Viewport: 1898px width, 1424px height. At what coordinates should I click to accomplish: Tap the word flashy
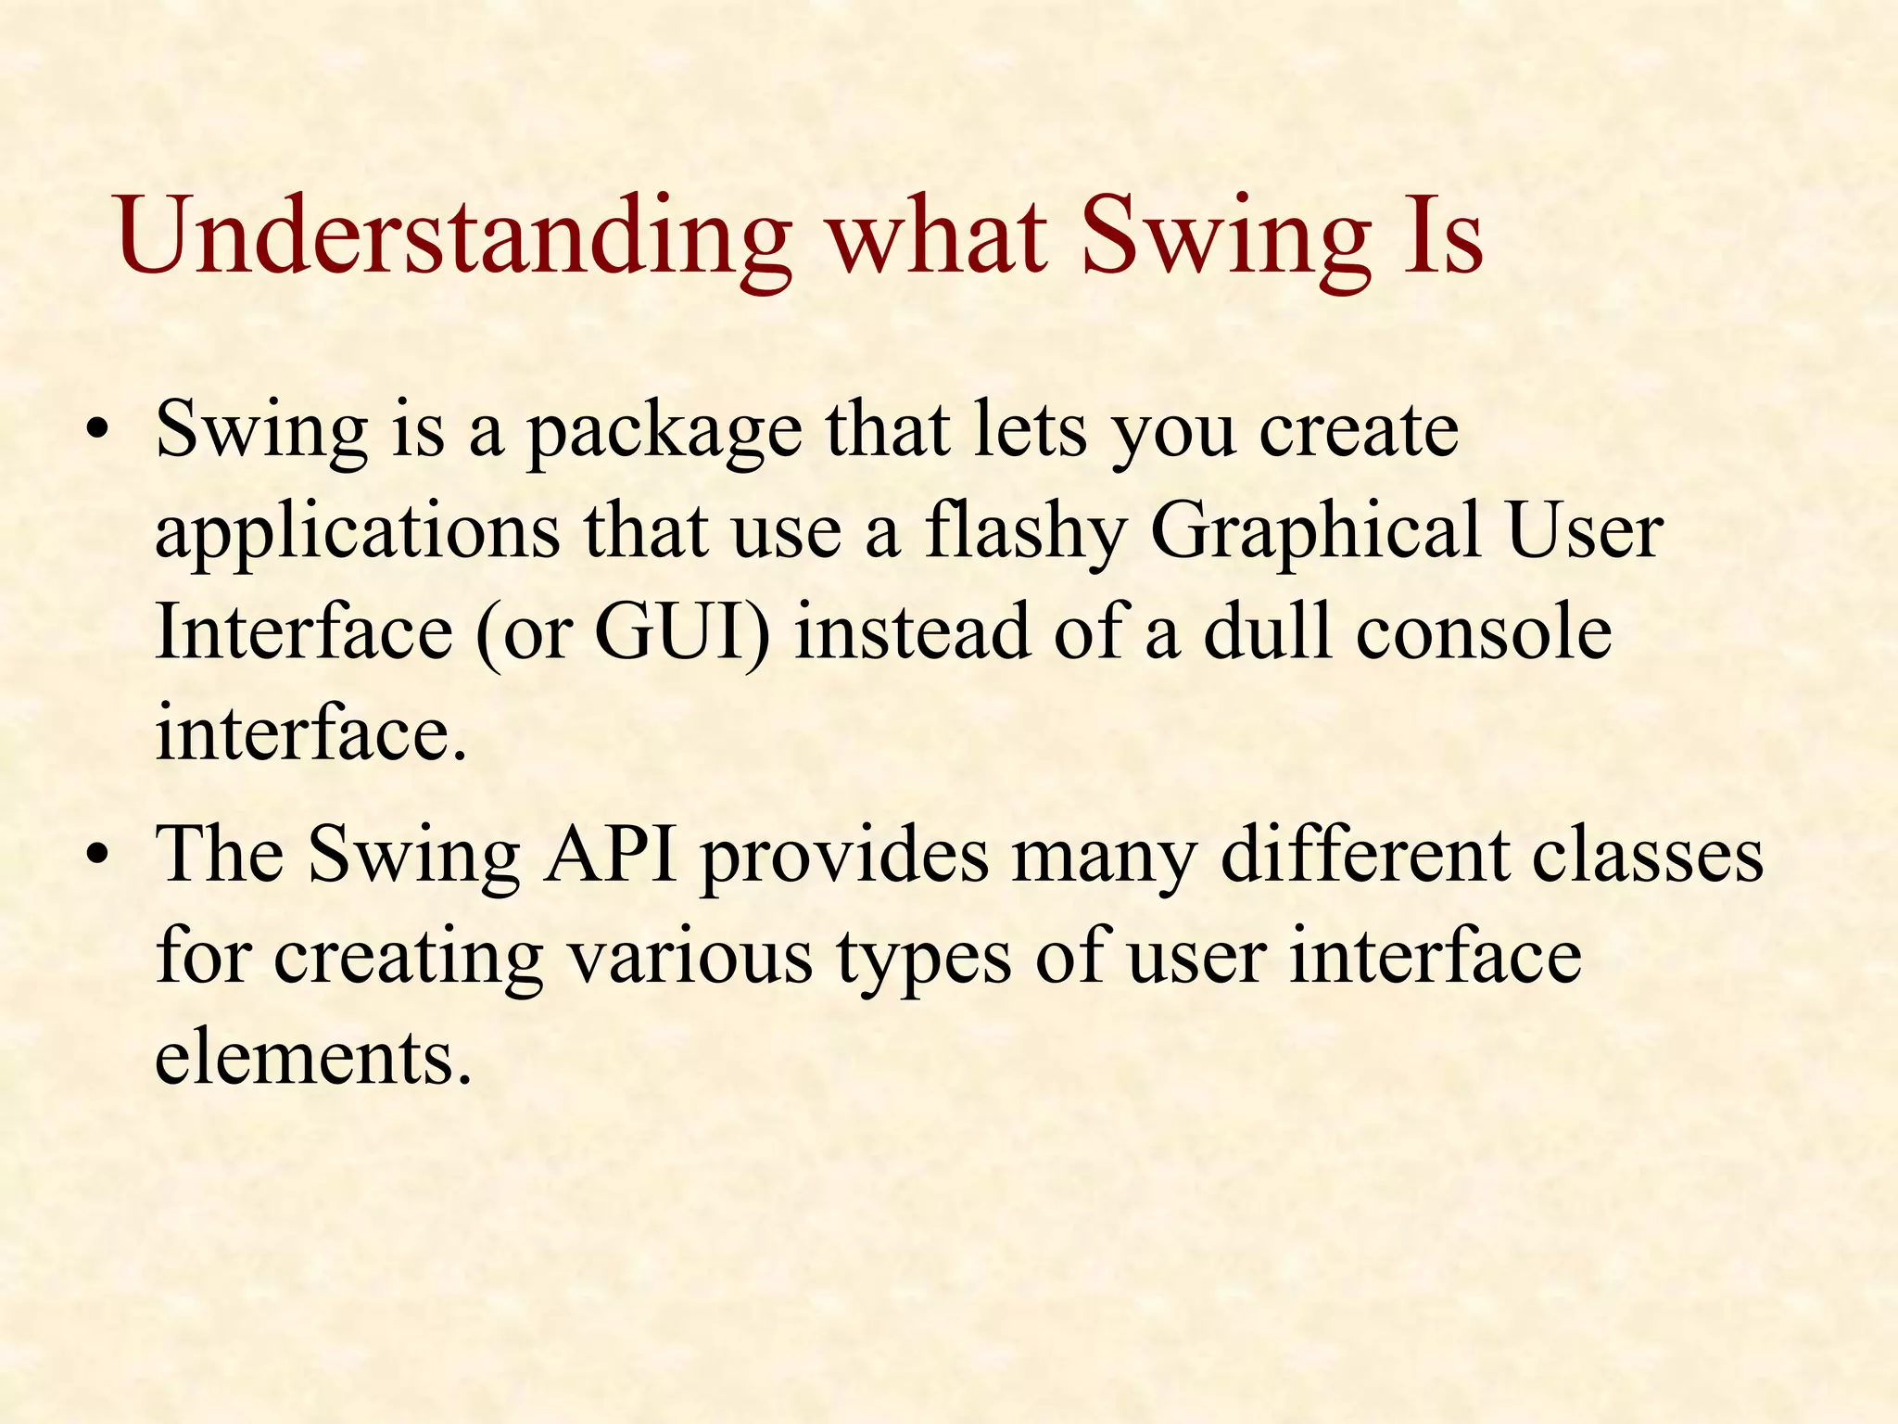[x=1025, y=533]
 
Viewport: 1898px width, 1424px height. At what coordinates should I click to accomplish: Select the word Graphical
[x=1316, y=533]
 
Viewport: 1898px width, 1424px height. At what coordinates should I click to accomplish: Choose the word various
[x=690, y=958]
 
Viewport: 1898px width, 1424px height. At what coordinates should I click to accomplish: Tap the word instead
[x=913, y=633]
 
